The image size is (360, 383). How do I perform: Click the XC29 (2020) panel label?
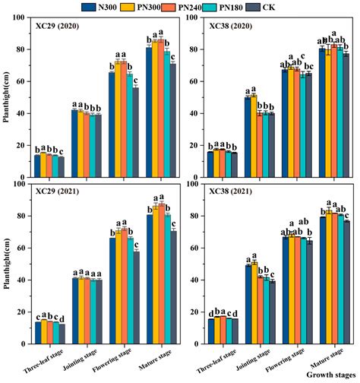click(x=59, y=28)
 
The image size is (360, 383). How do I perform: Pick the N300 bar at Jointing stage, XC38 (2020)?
click(x=247, y=128)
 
